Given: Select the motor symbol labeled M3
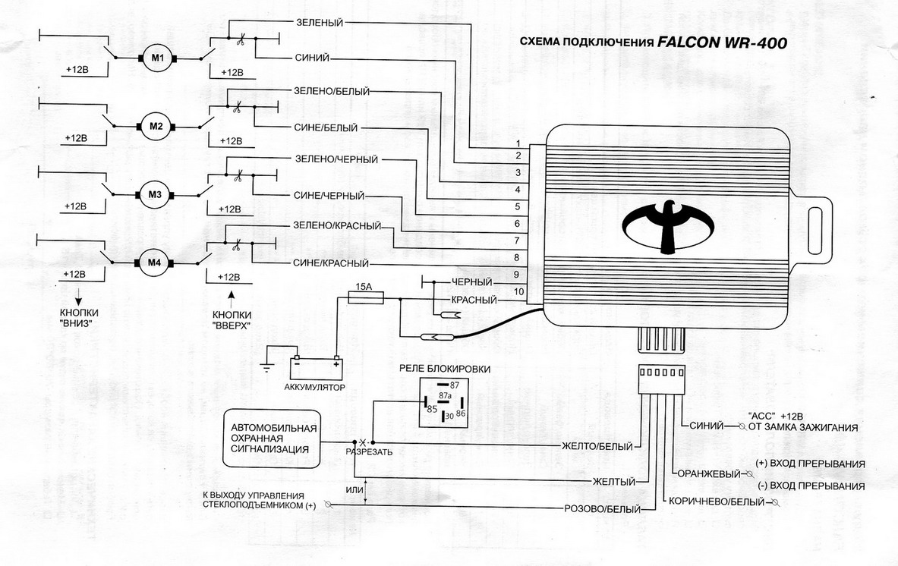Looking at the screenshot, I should pos(155,195).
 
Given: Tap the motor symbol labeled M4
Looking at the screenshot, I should pos(155,263).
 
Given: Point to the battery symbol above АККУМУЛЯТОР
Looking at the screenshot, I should pos(317,366).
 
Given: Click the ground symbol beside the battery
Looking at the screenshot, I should pos(267,369).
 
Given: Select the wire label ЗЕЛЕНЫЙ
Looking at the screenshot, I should pos(317,23).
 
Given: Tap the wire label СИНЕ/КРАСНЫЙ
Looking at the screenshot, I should pos(330,263).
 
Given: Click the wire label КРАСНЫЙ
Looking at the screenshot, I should pos(474,300).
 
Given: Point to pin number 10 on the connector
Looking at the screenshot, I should pos(518,291).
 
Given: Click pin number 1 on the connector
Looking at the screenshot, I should pos(517,144).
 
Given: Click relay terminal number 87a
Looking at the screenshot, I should pos(446,396).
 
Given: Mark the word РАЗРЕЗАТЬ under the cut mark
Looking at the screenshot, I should pos(369,452).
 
